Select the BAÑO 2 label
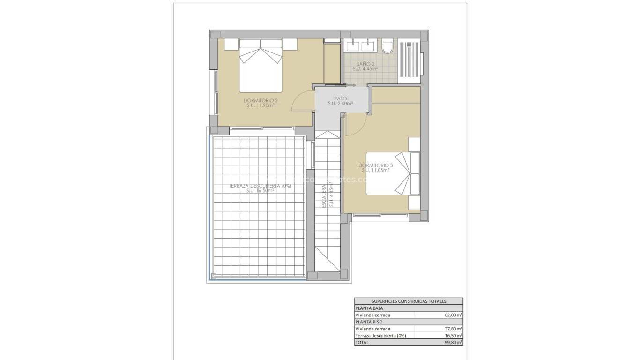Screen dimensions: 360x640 (x=365, y=64)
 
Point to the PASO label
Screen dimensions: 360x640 (x=340, y=98)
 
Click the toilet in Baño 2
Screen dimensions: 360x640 (x=387, y=47)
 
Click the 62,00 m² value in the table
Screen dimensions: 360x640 (x=453, y=315)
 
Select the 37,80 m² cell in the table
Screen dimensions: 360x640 (x=453, y=329)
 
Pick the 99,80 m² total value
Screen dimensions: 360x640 (x=453, y=343)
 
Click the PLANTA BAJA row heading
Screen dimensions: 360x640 (x=370, y=308)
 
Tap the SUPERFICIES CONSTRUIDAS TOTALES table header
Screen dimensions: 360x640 (x=409, y=301)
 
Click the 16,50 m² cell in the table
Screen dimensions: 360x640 (x=453, y=336)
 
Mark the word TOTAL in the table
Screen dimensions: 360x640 (x=362, y=343)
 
